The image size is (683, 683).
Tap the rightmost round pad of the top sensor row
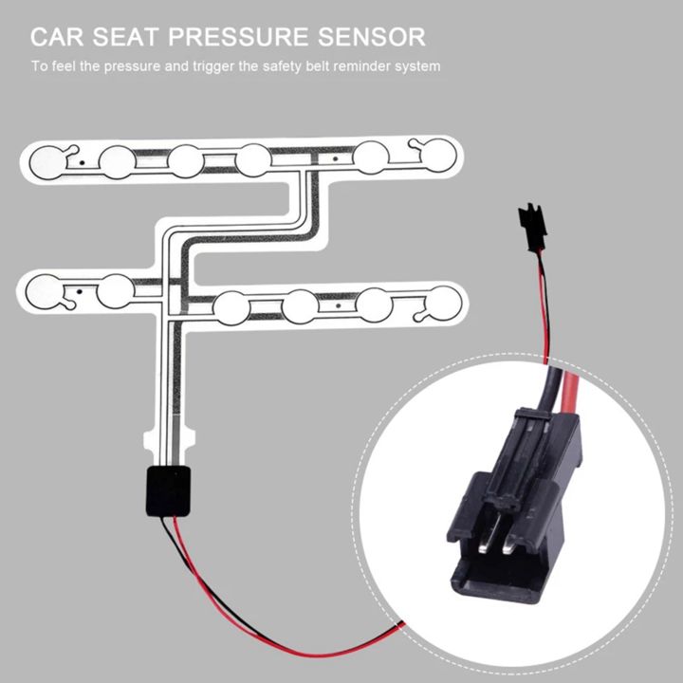437,155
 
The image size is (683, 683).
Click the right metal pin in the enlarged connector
511,544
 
